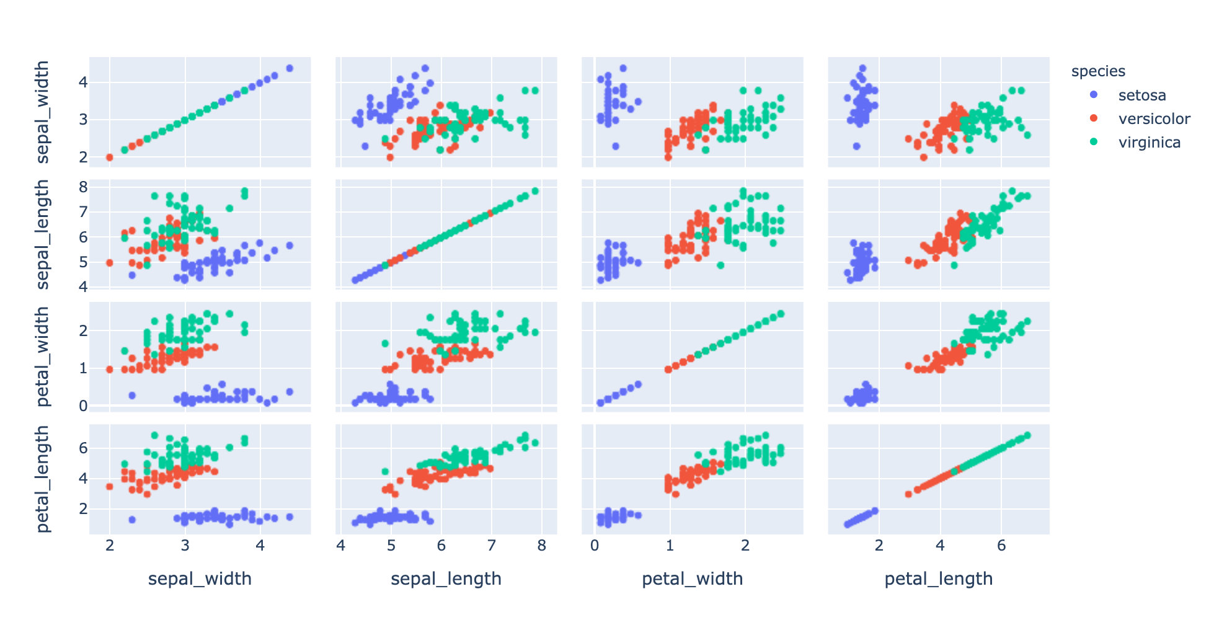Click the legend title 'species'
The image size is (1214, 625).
pyautogui.click(x=1097, y=71)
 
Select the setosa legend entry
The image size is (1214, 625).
pyautogui.click(x=1141, y=95)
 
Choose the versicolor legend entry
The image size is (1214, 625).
pyautogui.click(x=1154, y=119)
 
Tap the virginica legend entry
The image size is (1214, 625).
pyautogui.click(x=1149, y=143)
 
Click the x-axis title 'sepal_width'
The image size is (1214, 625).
pyautogui.click(x=200, y=579)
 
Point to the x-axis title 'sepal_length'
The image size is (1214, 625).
pyautogui.click(x=446, y=579)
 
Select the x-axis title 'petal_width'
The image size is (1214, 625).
pyautogui.click(x=692, y=579)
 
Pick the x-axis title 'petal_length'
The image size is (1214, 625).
pyautogui.click(x=938, y=579)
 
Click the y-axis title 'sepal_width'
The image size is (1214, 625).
pyautogui.click(x=42, y=112)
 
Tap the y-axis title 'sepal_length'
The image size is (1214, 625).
pyautogui.click(x=42, y=234)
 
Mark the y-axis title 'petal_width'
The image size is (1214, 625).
pyautogui.click(x=42, y=357)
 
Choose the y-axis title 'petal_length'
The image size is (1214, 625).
pyautogui.click(x=42, y=479)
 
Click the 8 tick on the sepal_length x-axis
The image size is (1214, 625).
pyautogui.click(x=542, y=546)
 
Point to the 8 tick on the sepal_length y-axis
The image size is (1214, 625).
pyautogui.click(x=83, y=187)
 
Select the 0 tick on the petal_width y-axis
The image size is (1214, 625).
pyautogui.click(x=83, y=406)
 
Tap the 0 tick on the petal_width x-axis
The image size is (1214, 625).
pyautogui.click(x=595, y=546)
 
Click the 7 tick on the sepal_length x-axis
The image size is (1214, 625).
pyautogui.click(x=492, y=546)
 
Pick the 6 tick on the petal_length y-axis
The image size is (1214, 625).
pyautogui.click(x=83, y=448)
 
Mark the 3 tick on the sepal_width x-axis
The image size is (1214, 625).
pyautogui.click(x=185, y=546)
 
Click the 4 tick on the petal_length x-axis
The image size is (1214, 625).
pyautogui.click(x=940, y=546)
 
